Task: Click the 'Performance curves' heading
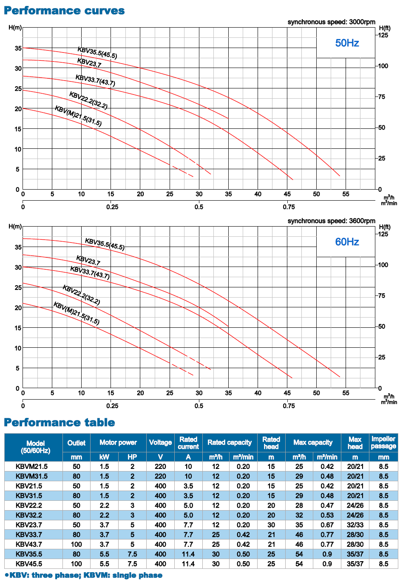click(x=64, y=11)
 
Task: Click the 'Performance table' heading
click(x=59, y=422)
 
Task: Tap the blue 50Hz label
click(x=347, y=43)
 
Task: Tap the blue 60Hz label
click(x=347, y=242)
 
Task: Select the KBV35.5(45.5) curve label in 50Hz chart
click(x=97, y=53)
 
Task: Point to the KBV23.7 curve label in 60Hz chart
click(x=88, y=260)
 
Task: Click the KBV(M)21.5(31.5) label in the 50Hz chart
click(x=78, y=116)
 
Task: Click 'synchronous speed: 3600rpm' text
click(x=331, y=221)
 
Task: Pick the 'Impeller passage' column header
click(x=383, y=443)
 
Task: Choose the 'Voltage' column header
click(x=160, y=443)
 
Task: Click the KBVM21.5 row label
click(x=32, y=466)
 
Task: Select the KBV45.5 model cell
click(x=29, y=564)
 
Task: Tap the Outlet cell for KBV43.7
click(x=76, y=544)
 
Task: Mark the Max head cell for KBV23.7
click(x=355, y=525)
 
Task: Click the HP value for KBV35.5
click(x=132, y=554)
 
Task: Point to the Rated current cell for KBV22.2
click(x=188, y=505)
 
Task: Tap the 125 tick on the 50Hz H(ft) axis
click(x=383, y=35)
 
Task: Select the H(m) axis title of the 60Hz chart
click(x=15, y=227)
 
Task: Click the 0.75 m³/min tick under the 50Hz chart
click(x=289, y=207)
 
